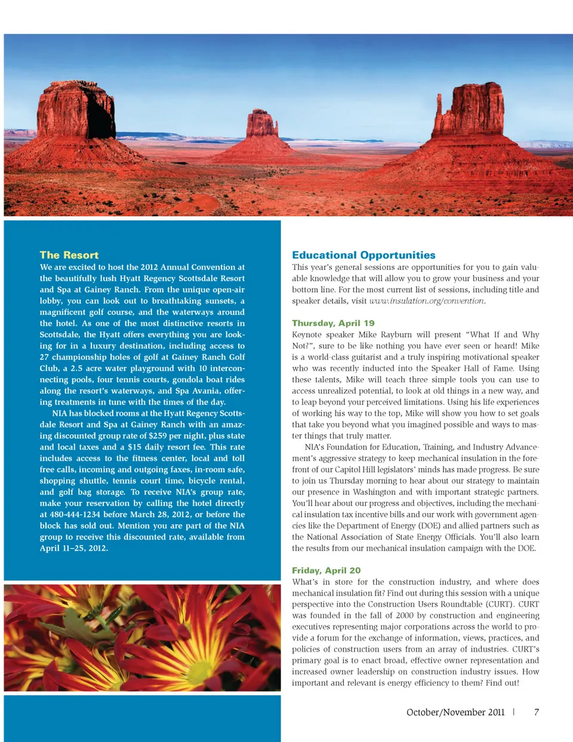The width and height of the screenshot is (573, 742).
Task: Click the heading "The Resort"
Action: pos(69,255)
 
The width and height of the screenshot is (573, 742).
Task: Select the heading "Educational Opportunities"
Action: pos(363,255)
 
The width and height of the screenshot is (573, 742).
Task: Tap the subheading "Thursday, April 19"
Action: pos(333,323)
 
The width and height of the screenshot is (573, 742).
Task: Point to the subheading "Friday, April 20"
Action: pos(326,571)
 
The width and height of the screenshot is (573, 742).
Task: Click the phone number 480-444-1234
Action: pos(76,514)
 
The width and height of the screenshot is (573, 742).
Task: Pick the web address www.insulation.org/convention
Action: pos(426,301)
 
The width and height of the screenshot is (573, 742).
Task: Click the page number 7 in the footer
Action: pos(537,712)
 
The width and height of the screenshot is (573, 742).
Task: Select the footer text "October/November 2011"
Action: pos(455,712)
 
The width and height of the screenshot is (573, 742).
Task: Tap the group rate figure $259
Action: pos(158,436)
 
